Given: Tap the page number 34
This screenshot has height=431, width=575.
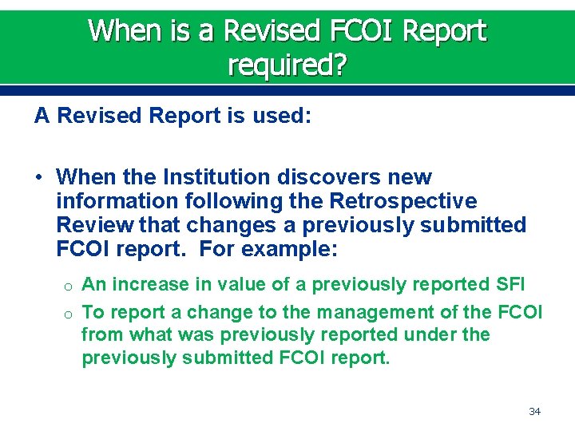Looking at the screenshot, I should [x=535, y=411].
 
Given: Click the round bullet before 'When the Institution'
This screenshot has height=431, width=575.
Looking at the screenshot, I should [x=39, y=176].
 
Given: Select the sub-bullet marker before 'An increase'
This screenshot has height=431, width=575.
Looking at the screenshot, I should [x=69, y=286].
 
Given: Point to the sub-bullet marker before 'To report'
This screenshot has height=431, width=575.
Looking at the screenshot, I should [x=69, y=313].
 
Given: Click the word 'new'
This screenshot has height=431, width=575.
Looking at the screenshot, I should [x=407, y=176].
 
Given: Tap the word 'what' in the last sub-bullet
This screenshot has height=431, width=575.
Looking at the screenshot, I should [x=152, y=334].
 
